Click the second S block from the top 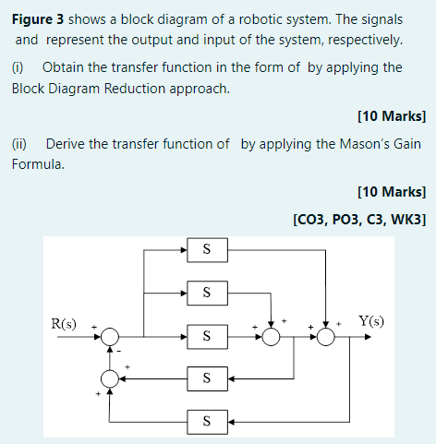206,293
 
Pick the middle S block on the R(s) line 206,336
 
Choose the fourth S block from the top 206,378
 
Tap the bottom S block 206,421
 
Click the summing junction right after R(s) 111,336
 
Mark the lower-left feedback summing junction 111,378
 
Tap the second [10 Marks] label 390,192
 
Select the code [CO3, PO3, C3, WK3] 358,220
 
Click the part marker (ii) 20,144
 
